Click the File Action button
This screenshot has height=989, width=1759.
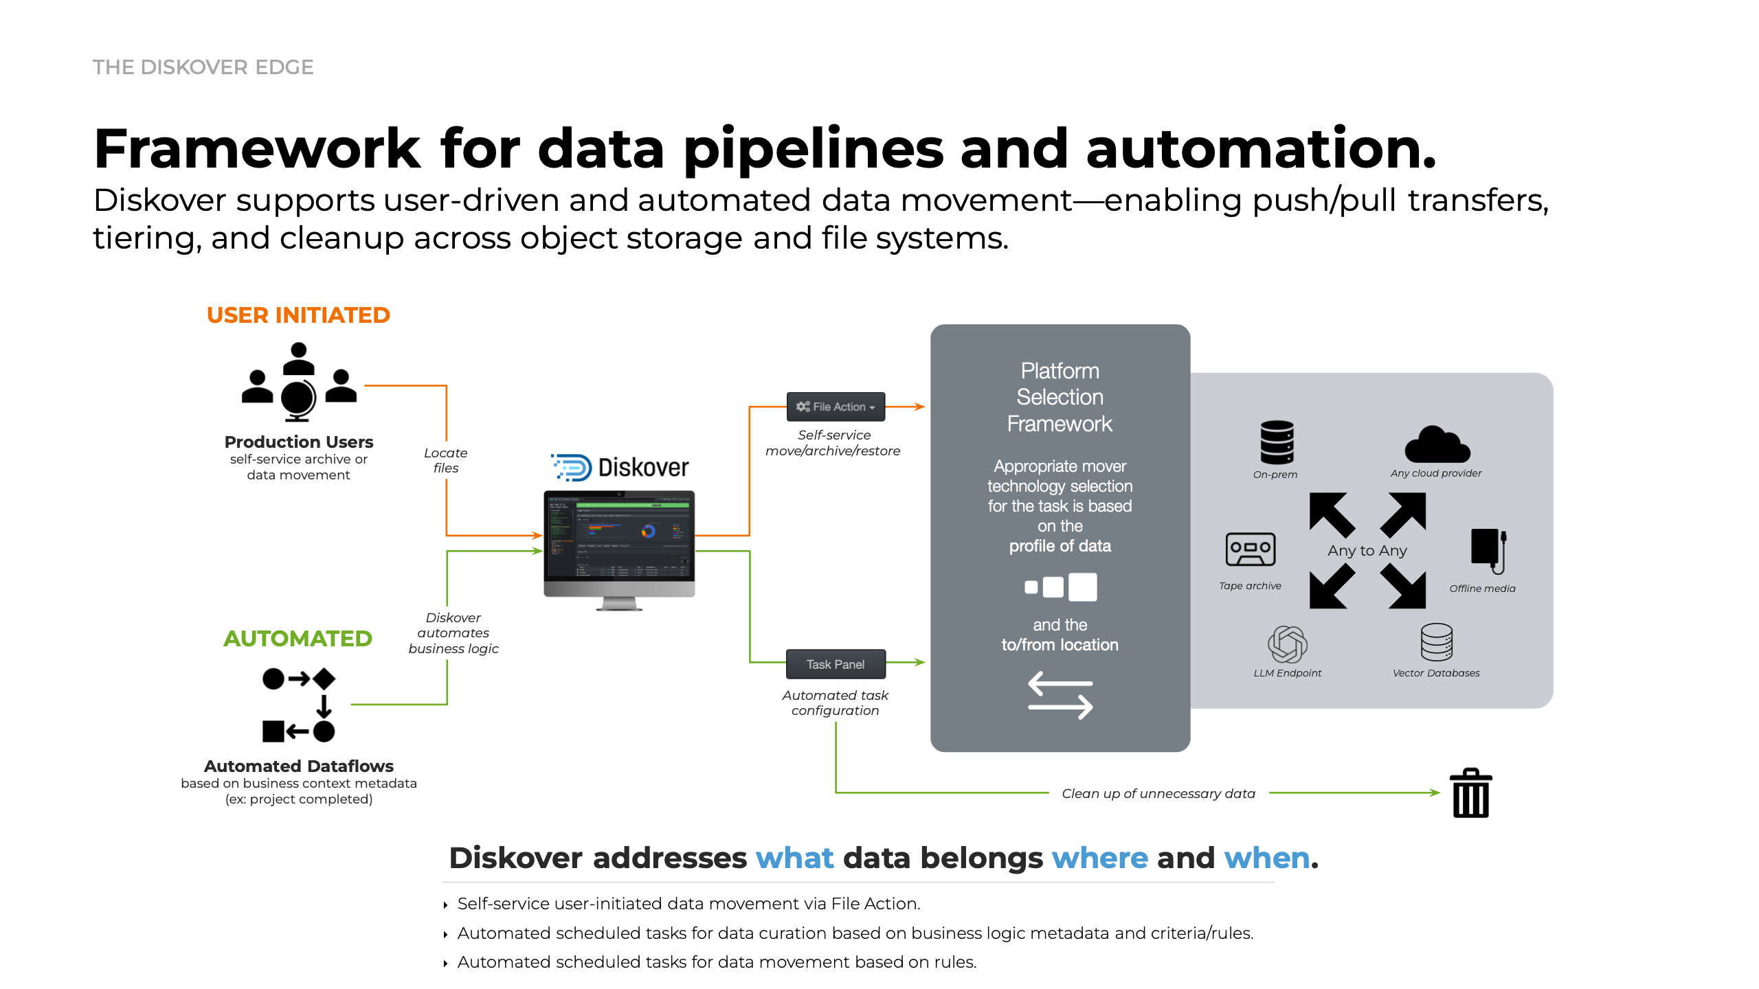click(836, 407)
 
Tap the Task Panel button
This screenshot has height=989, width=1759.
click(836, 664)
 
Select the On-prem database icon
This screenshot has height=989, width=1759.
click(1277, 442)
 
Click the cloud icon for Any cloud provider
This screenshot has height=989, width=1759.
click(1437, 445)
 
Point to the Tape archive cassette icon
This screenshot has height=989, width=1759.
click(1250, 549)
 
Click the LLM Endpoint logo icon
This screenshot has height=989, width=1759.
click(1287, 644)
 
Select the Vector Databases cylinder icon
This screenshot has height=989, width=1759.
click(1436, 641)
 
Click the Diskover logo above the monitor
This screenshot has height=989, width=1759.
click(620, 468)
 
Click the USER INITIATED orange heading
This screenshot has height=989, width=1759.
click(298, 315)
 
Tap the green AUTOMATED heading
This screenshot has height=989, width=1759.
click(298, 639)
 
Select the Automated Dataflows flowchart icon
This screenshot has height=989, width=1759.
click(299, 705)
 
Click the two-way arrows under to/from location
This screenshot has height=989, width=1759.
click(1060, 695)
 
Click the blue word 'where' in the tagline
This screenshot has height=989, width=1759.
click(1099, 858)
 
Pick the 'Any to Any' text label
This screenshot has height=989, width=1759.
click(1367, 551)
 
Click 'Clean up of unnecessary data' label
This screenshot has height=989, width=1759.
click(1158, 793)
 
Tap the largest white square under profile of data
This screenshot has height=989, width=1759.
click(1082, 587)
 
